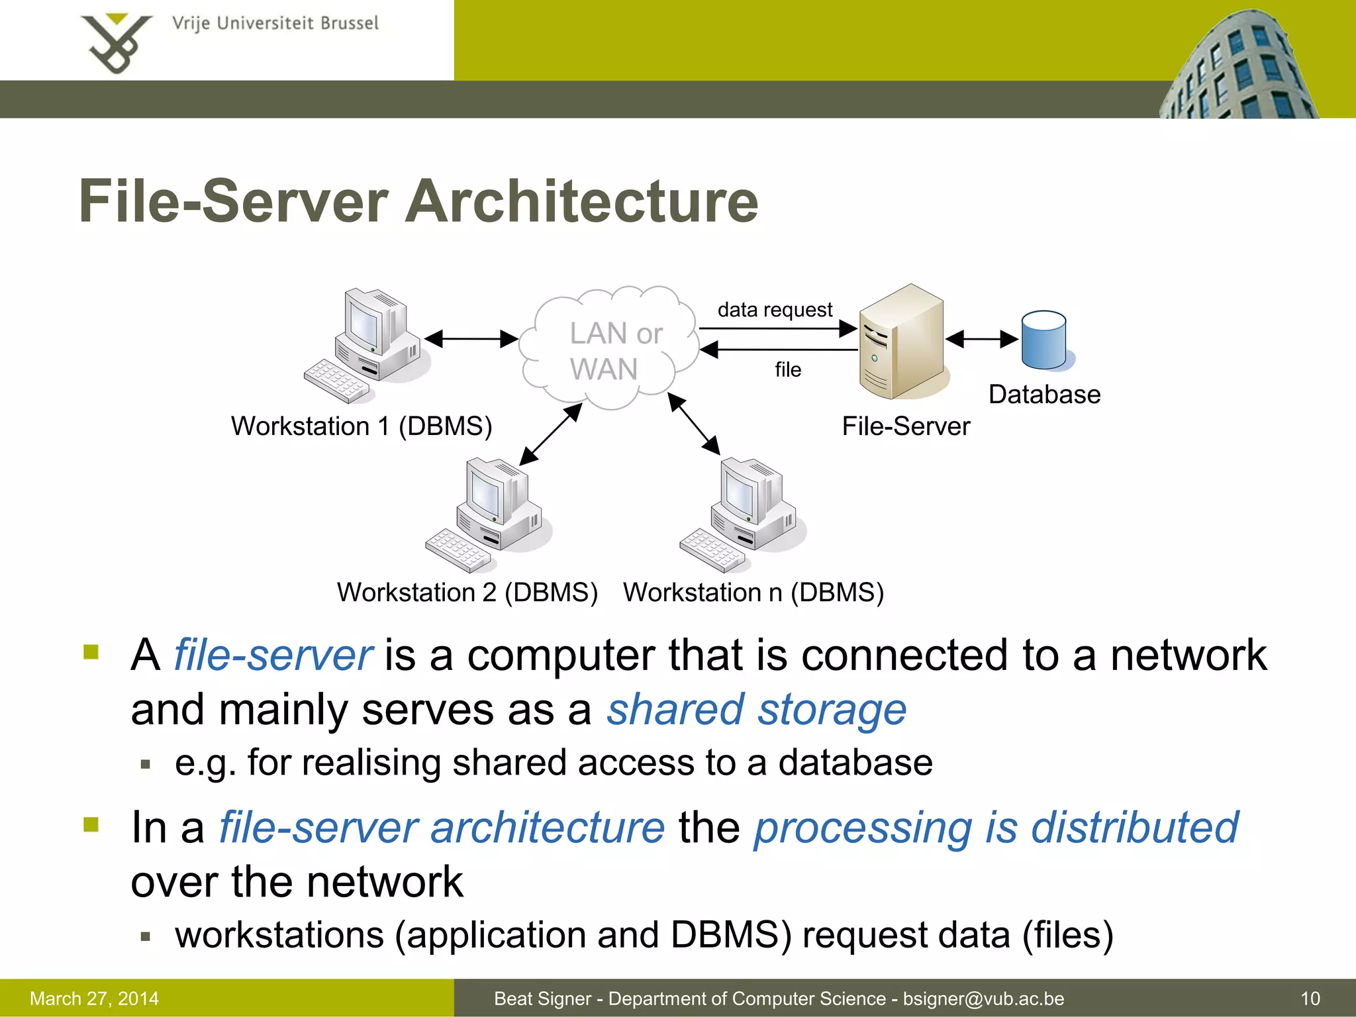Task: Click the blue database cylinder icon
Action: (1044, 340)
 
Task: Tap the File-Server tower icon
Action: (902, 342)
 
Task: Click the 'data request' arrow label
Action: (775, 310)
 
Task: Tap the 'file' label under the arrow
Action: (788, 369)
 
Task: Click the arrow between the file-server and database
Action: (982, 339)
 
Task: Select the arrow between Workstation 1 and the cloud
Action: (471, 339)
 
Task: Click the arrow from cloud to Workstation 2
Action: (551, 434)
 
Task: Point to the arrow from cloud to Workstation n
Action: (694, 424)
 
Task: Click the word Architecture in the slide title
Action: (581, 201)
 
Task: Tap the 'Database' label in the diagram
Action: (1044, 395)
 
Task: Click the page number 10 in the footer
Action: (1310, 998)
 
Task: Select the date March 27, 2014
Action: (94, 998)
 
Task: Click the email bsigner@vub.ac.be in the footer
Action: (983, 998)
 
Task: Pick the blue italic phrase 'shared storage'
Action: (757, 710)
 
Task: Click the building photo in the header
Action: (1245, 66)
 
